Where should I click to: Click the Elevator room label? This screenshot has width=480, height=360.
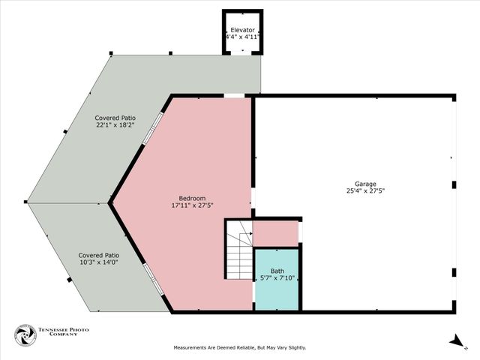tap(243, 29)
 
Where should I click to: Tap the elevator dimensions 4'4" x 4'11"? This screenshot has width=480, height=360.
tap(243, 37)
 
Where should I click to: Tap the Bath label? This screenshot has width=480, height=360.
tap(277, 271)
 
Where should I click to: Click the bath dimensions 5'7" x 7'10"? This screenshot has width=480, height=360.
tap(277, 279)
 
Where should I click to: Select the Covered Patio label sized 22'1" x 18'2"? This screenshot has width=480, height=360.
tap(115, 118)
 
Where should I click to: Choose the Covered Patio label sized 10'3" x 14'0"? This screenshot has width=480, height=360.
tap(99, 255)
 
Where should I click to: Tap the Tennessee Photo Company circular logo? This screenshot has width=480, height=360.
tap(25, 335)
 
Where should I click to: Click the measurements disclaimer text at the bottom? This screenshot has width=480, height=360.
tap(240, 348)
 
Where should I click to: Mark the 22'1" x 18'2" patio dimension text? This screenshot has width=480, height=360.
tap(115, 126)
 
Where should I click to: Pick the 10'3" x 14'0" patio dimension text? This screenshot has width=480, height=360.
tap(99, 263)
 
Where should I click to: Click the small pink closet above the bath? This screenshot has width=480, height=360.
tap(275, 233)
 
